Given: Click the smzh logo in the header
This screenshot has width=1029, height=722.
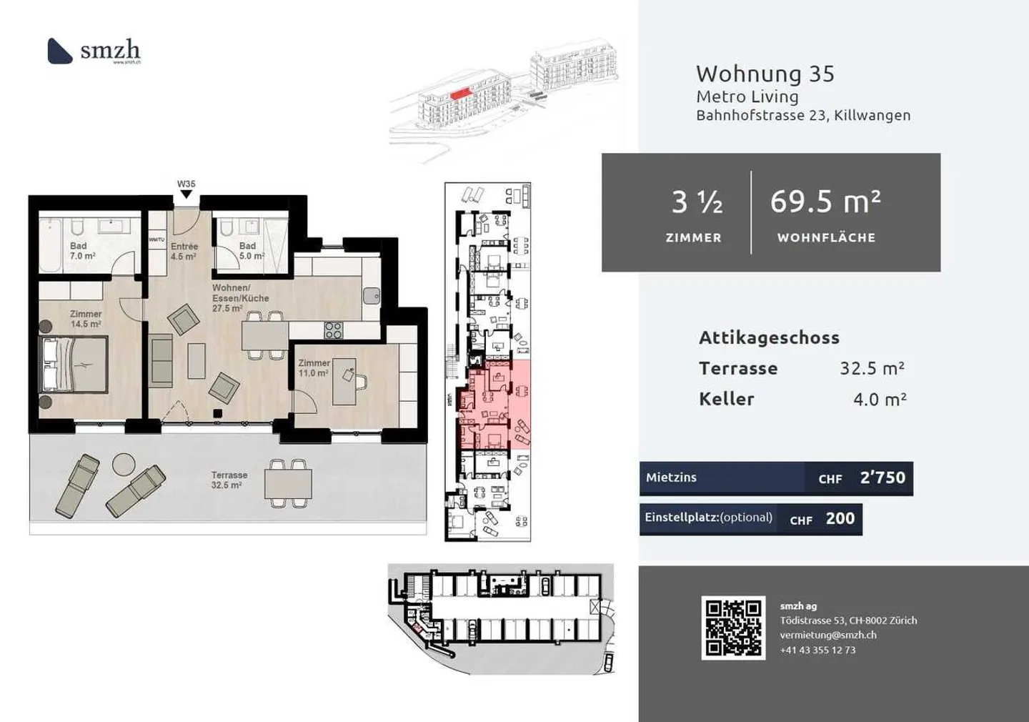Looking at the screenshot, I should pos(94,51).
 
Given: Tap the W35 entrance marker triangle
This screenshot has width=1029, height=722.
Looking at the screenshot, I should pos(187,194).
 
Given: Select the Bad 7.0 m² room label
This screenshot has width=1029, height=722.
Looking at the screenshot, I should pos(81,251).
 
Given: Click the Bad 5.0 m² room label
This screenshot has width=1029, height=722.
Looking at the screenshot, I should pos(251,251).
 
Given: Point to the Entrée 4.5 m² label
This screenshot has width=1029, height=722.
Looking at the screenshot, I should pos(184,251).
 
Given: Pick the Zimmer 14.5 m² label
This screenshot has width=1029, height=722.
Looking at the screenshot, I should pos(86,319).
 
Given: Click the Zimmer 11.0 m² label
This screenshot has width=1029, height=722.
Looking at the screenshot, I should pos(314,367).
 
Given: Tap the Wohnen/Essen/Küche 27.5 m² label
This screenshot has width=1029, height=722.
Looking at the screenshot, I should pos(240,298).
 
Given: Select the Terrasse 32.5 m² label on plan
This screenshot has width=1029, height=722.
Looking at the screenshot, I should pos(229,480).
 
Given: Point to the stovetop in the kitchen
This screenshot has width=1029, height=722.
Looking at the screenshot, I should pos(333,330).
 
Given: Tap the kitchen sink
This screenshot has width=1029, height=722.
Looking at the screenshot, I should pos(371,295).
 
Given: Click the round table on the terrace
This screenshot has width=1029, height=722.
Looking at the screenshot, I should pos(124,465).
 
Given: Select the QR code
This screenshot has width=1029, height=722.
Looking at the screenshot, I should pos(733,628).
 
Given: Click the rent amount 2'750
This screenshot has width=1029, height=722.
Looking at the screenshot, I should pos(883,478).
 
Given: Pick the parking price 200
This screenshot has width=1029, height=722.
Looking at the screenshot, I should pos(840,519).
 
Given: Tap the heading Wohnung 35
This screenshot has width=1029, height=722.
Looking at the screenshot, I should pos(765,74).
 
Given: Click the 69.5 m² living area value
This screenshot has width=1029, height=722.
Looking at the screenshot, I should pos(825,202).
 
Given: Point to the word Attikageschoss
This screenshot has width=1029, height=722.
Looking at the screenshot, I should pos(769,337).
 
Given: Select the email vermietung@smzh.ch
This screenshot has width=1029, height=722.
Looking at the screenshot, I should pos(827,635).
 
